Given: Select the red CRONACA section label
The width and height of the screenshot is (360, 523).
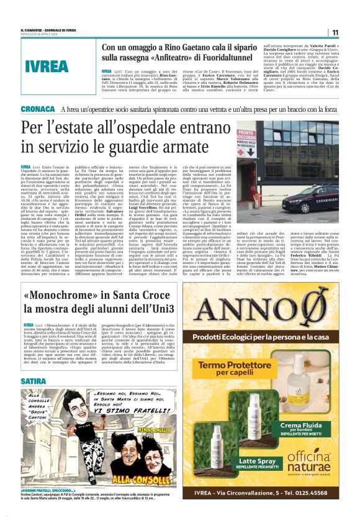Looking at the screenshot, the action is [x=37, y=109].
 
